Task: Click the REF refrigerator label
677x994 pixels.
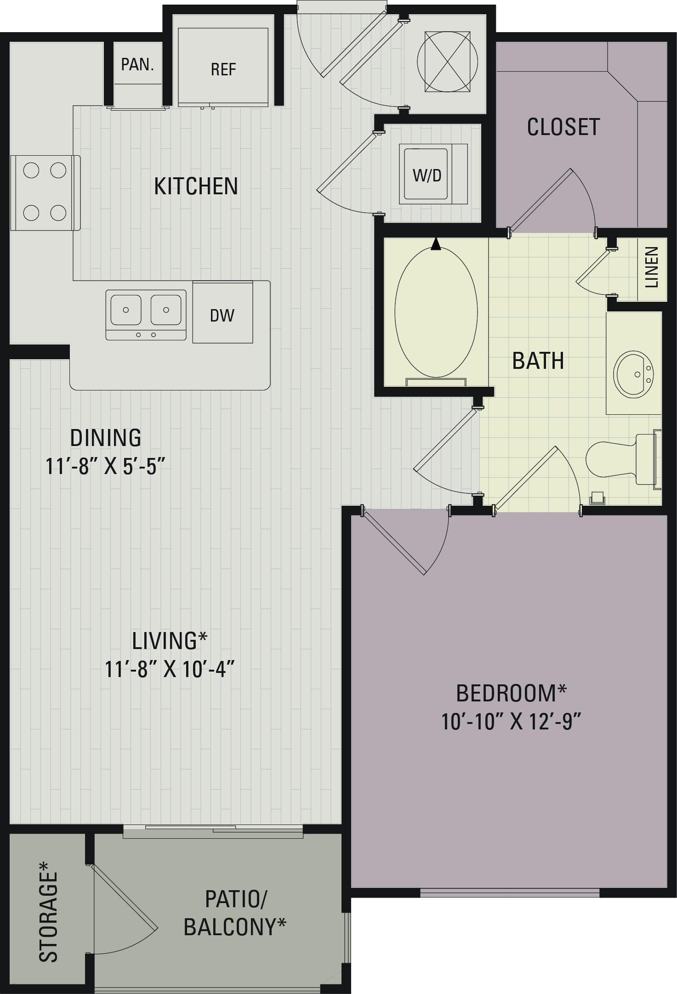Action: [223, 69]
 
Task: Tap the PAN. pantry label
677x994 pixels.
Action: [137, 64]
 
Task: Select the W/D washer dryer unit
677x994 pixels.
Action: [433, 174]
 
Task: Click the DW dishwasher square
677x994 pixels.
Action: [222, 312]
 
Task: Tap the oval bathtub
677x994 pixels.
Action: [436, 311]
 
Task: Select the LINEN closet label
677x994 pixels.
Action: [652, 267]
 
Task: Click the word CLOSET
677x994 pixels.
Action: [563, 127]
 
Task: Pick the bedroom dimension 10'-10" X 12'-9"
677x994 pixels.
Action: [512, 721]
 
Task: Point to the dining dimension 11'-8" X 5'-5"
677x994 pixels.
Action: [105, 466]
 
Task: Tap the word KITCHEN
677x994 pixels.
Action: [196, 186]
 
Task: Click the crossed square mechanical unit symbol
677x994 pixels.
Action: [447, 61]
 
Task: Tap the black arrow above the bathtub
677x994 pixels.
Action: [436, 244]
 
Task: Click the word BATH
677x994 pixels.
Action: [538, 361]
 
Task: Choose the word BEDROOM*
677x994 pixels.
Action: [511, 693]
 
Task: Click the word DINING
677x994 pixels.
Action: [106, 438]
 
